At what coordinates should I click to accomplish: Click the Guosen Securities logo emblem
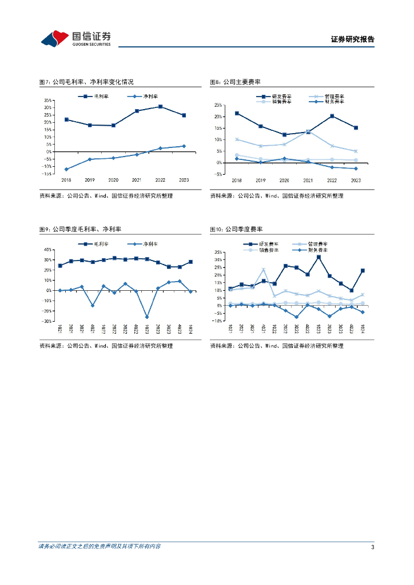pos(54,38)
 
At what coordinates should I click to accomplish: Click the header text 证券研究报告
pos(353,39)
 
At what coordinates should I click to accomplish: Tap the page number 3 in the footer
pos(372,547)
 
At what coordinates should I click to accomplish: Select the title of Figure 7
pos(86,82)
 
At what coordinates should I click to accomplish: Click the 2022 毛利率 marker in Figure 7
pos(160,107)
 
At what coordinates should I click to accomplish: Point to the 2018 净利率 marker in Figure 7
pos(66,169)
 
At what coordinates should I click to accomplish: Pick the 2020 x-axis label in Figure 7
pos(113,180)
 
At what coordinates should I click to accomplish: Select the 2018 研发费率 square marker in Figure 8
pos(237,113)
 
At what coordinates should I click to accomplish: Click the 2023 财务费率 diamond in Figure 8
pos(356,169)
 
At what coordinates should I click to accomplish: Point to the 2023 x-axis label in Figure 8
pos(356,180)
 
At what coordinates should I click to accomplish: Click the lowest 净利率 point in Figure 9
pos(147,317)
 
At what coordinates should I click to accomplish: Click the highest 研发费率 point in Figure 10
pos(319,257)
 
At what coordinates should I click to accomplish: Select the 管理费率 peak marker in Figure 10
pos(264,270)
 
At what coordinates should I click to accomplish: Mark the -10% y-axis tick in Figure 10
pos(218,321)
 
